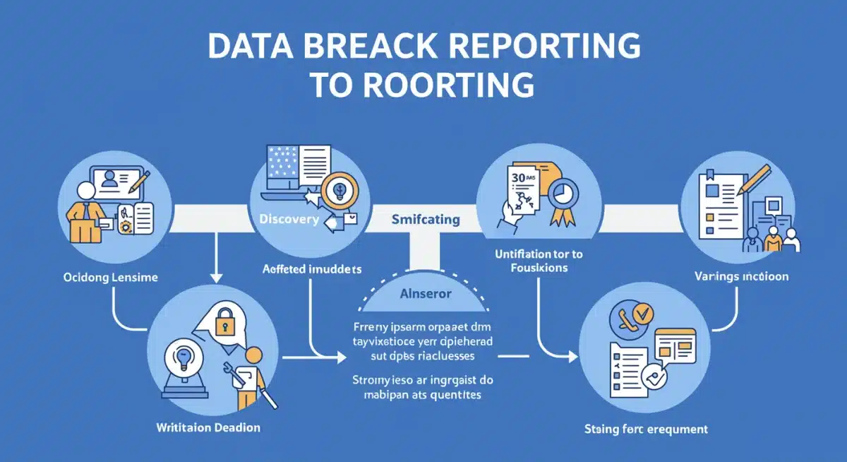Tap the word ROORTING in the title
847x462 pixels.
point(451,84)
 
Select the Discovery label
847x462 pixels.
point(289,219)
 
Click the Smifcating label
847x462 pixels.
point(425,219)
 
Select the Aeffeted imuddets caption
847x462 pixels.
point(312,269)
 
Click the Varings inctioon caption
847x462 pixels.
point(740,276)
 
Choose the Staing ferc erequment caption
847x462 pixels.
point(646,429)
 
